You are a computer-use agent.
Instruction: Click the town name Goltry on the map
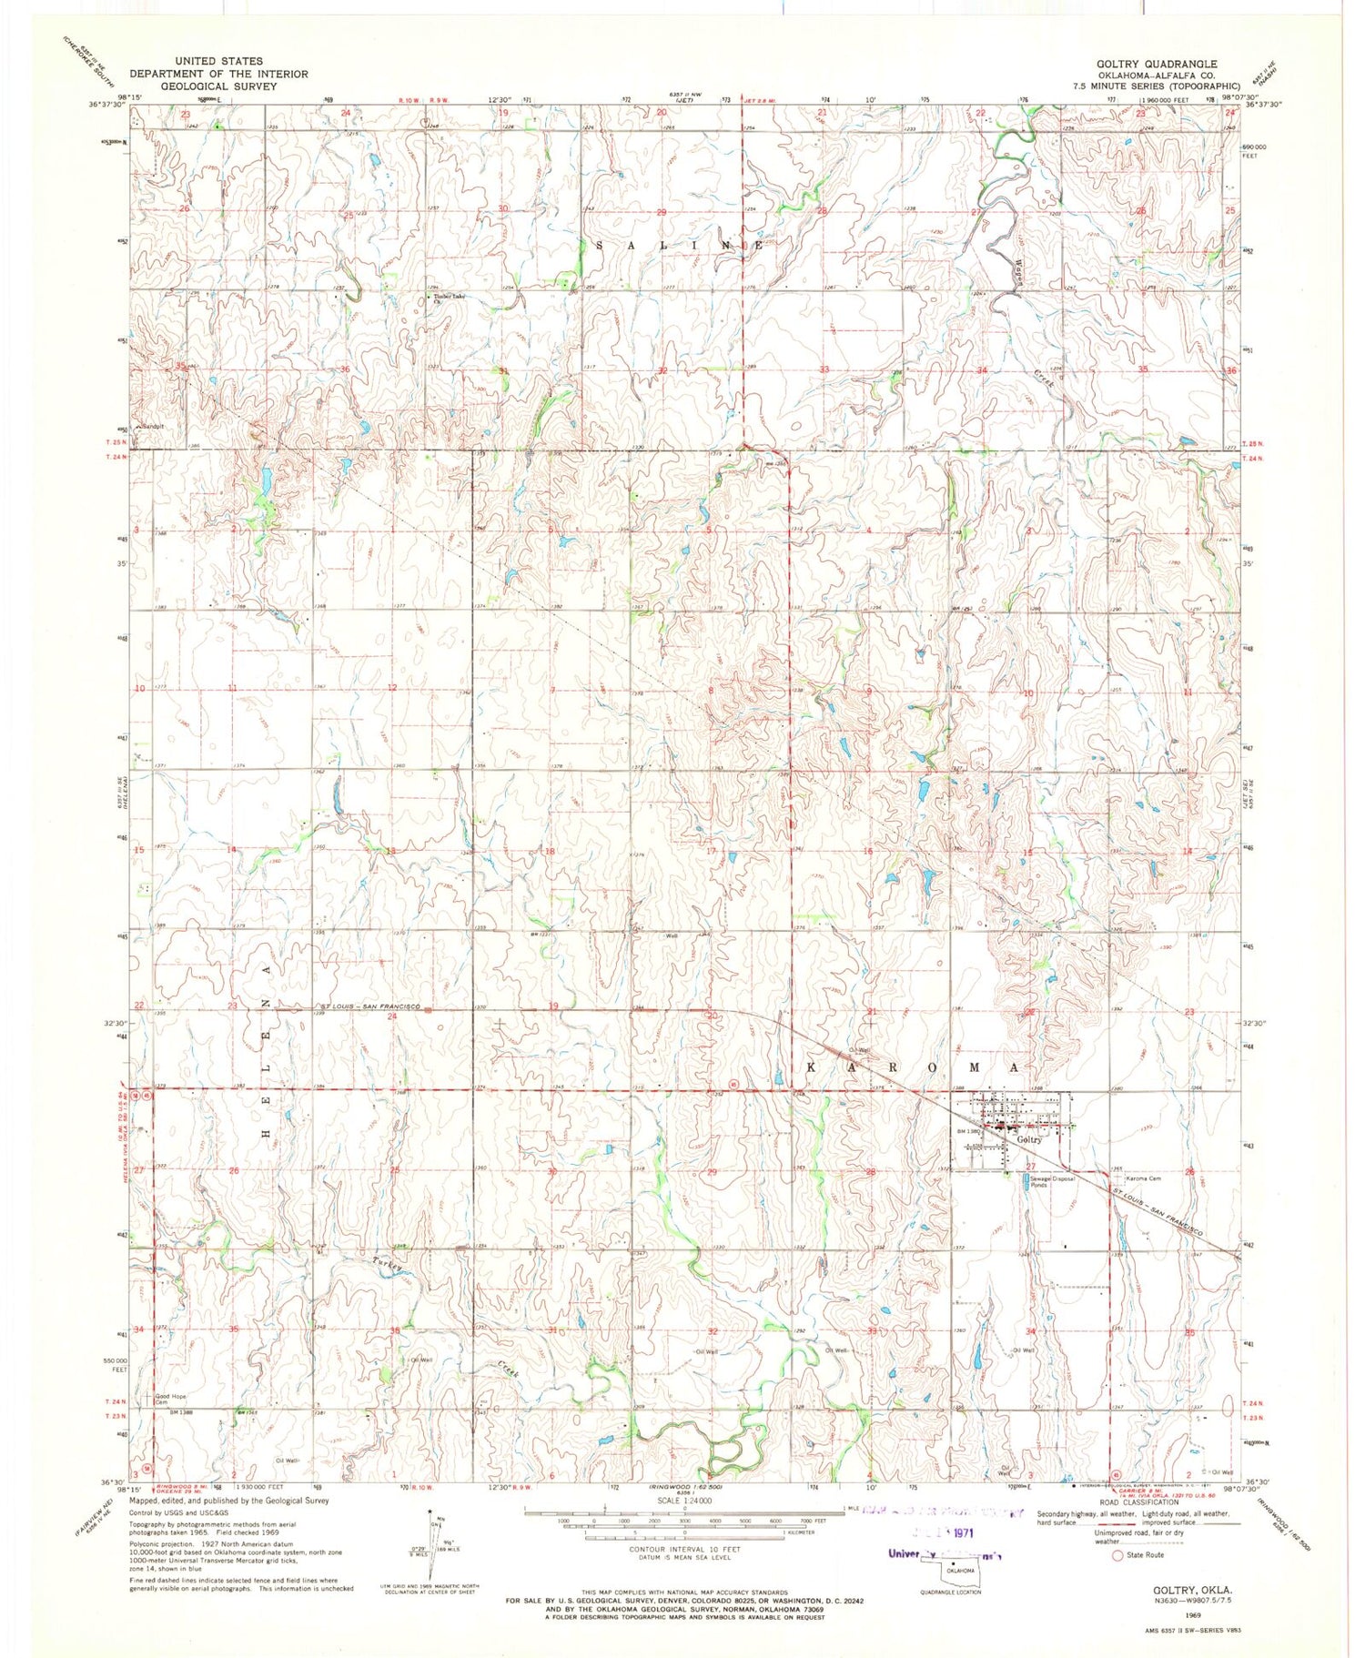pyautogui.click(x=1029, y=1139)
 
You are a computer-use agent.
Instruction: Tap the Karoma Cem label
pyautogui.click(x=1142, y=1179)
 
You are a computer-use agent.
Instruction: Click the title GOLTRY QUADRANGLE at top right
pyautogui.click(x=1155, y=64)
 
